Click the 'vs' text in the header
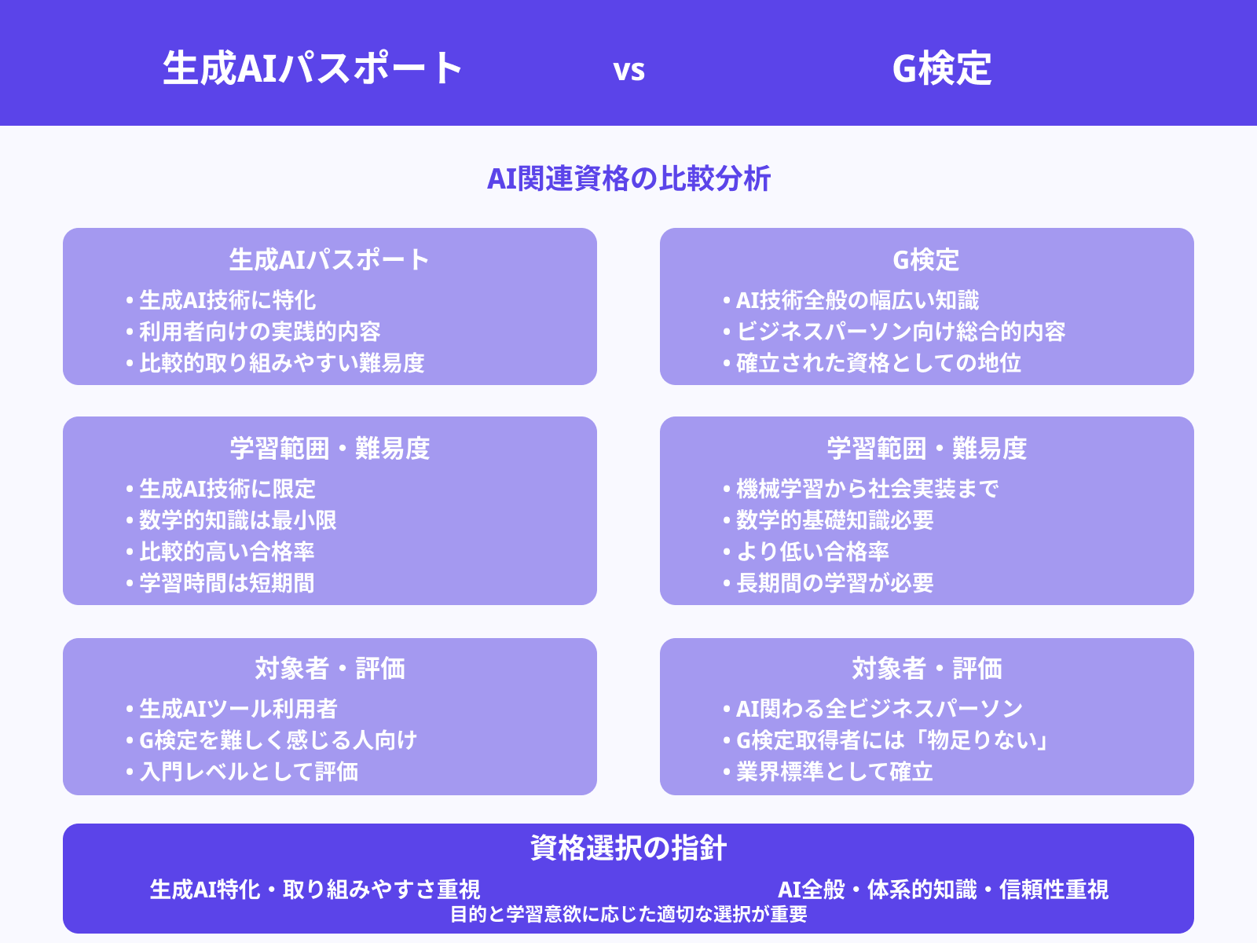pos(628,70)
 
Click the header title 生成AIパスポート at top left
pos(313,68)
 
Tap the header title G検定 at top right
pos(941,68)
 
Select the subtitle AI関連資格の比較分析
pos(628,179)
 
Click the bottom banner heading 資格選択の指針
pos(628,849)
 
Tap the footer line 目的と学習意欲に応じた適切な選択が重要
pos(628,914)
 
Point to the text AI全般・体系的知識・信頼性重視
pos(943,890)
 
